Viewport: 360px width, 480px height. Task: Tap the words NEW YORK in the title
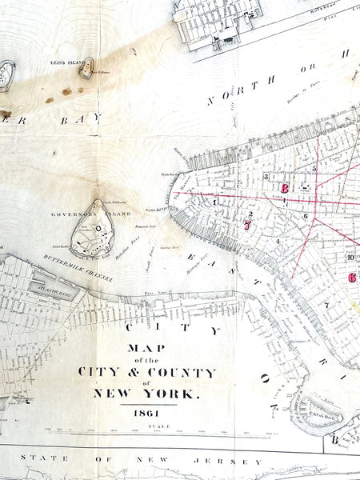146,393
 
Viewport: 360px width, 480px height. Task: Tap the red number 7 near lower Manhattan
248,226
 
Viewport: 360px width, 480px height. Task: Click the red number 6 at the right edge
352,278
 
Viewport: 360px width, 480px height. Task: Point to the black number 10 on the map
350,257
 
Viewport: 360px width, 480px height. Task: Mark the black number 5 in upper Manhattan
314,168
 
